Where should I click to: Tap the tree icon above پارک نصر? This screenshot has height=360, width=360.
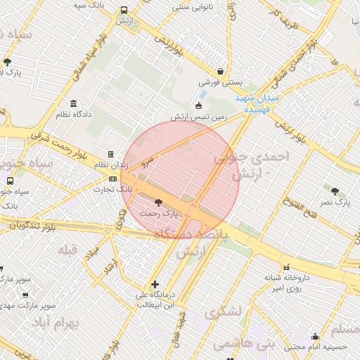[x=335, y=191]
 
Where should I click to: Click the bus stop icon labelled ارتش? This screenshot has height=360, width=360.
[x=124, y=11]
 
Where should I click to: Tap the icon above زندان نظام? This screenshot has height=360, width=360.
[x=110, y=154]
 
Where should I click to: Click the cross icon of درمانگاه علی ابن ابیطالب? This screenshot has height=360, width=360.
[x=155, y=284]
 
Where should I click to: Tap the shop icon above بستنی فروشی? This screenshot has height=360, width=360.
[x=220, y=71]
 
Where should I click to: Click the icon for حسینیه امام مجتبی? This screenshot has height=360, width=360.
[x=316, y=336]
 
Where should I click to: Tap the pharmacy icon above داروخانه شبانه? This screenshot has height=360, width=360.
[x=285, y=267]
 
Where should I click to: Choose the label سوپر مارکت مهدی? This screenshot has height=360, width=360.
[x=29, y=306]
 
